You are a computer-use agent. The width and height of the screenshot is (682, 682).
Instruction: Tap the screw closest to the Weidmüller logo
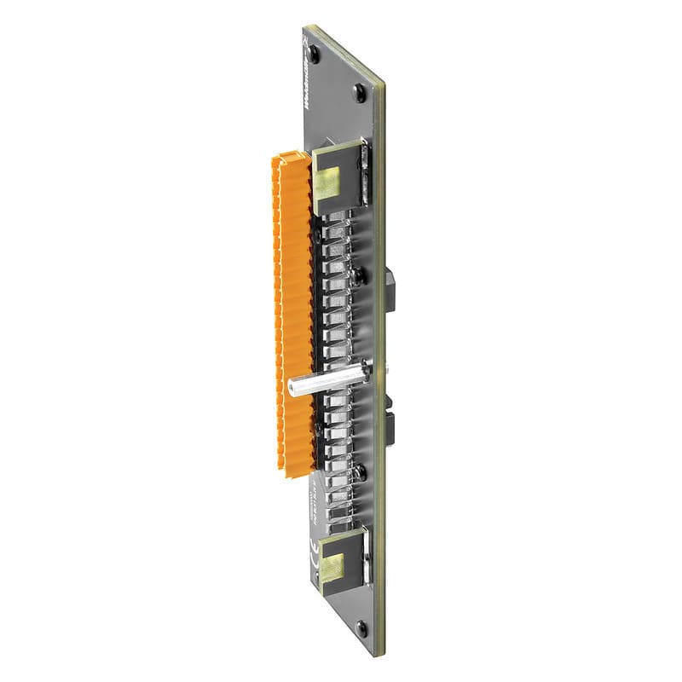click(x=315, y=52)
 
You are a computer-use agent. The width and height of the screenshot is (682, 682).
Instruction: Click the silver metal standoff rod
click(x=328, y=380)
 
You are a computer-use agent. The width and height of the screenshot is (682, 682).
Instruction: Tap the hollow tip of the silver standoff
click(x=294, y=391)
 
